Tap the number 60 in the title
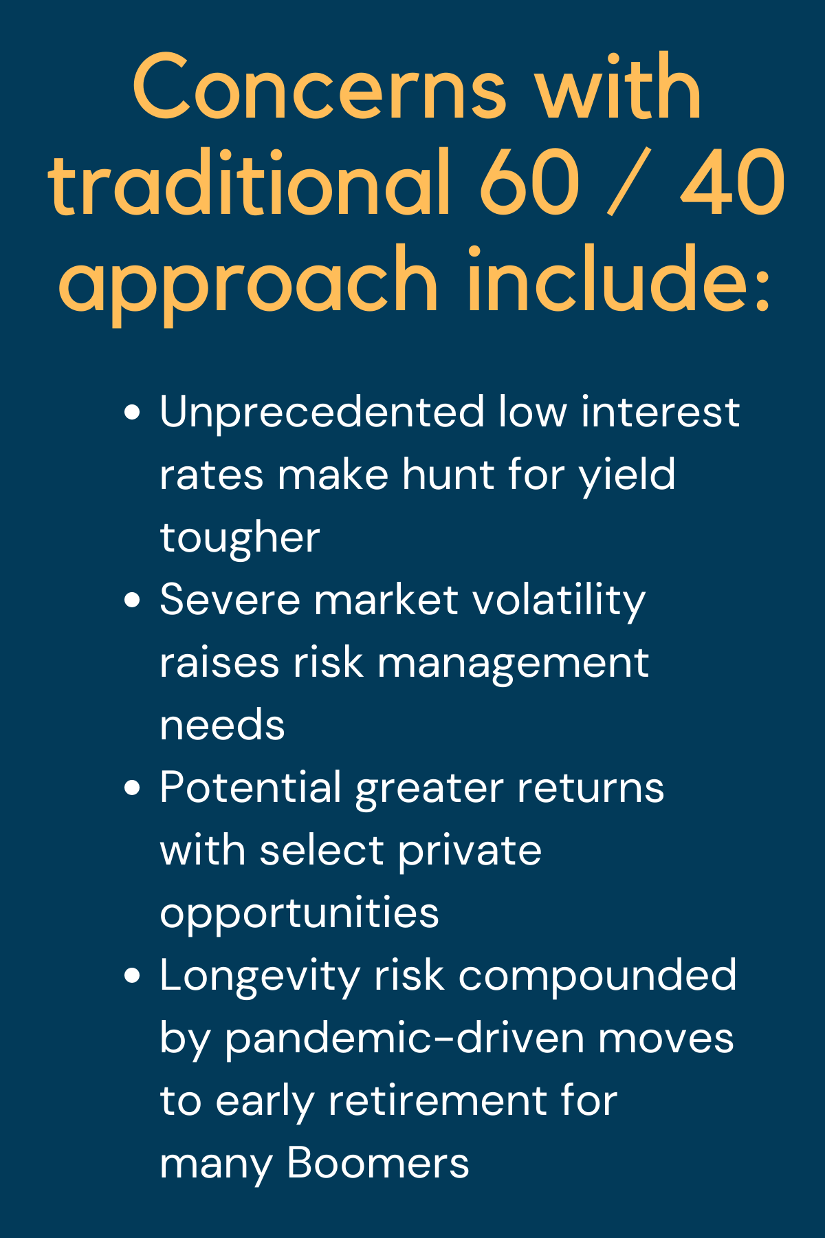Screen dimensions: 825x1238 click(529, 182)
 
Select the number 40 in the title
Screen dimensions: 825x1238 click(732, 182)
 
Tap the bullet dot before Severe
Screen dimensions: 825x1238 click(133, 600)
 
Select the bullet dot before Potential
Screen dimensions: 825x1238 click(133, 788)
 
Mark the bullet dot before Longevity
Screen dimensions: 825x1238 click(133, 976)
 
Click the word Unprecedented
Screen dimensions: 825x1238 click(322, 413)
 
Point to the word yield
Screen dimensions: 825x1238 click(628, 477)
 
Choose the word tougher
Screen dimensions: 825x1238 click(240, 539)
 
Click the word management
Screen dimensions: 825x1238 click(513, 664)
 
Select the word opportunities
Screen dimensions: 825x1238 click(299, 914)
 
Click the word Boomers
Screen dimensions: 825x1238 click(377, 1164)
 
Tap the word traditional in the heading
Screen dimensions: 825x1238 click(250, 182)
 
